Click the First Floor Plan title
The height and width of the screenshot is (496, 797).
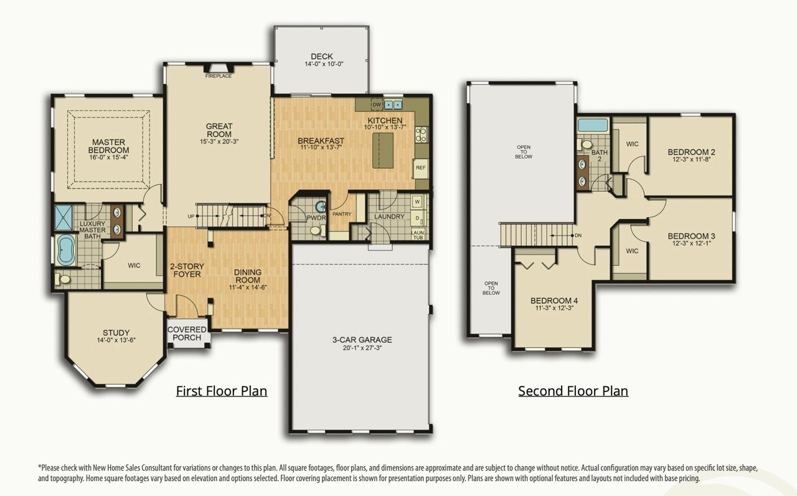pyautogui.click(x=221, y=391)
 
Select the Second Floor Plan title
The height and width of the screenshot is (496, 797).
pyautogui.click(x=573, y=391)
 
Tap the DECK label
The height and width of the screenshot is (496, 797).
pyautogui.click(x=322, y=57)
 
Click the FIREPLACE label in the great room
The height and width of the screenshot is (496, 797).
pyautogui.click(x=219, y=76)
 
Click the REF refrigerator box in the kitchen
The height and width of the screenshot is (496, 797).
pyautogui.click(x=420, y=168)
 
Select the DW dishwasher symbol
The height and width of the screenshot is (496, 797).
pyautogui.click(x=376, y=104)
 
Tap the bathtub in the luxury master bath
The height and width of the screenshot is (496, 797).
pyautogui.click(x=65, y=250)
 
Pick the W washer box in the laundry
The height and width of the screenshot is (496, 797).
pyautogui.click(x=417, y=202)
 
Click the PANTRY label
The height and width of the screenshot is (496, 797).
pyautogui.click(x=342, y=214)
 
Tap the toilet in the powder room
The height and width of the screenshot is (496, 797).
pyautogui.click(x=316, y=230)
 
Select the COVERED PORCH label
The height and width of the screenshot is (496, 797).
pyautogui.click(x=187, y=333)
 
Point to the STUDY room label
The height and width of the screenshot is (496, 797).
pyautogui.click(x=117, y=332)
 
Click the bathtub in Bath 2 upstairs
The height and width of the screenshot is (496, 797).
pyautogui.click(x=592, y=124)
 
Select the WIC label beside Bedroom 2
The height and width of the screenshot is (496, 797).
pyautogui.click(x=632, y=144)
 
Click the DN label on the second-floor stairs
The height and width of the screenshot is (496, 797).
pyautogui.click(x=578, y=235)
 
